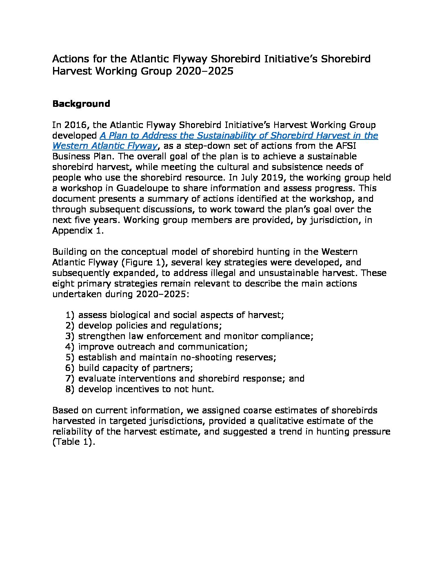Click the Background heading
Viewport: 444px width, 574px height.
click(81, 104)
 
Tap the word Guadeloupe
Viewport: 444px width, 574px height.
click(142, 188)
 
